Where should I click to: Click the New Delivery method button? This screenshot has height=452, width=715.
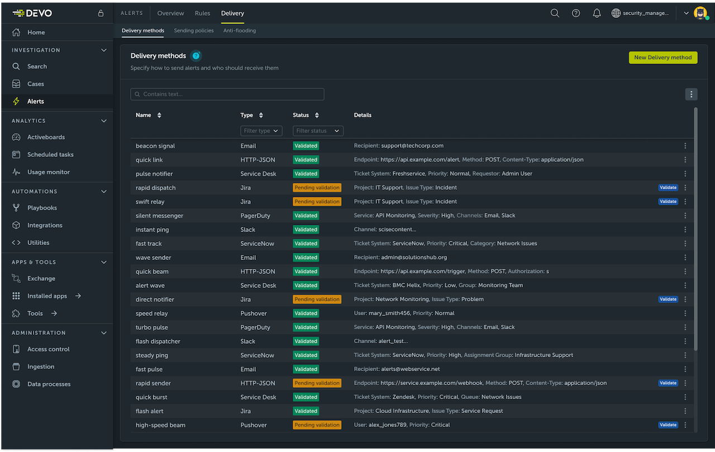tap(663, 57)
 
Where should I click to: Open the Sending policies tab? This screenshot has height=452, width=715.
tap(194, 31)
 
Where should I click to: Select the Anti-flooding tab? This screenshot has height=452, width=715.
tap(240, 31)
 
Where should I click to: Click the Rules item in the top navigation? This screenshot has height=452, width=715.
tap(203, 13)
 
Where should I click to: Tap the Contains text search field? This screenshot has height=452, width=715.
tap(227, 94)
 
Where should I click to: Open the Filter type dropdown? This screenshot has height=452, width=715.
tap(261, 131)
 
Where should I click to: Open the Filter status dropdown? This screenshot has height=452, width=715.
tap(318, 131)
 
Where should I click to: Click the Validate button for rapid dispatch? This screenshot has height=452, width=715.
tap(668, 187)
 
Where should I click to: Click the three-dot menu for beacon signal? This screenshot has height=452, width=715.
tap(685, 146)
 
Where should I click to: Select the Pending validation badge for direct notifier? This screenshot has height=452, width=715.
tap(317, 299)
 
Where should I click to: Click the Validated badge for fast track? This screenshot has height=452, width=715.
tap(306, 243)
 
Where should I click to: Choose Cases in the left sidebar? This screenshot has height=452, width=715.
tap(36, 84)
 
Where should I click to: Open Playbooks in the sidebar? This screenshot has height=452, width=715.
tap(42, 208)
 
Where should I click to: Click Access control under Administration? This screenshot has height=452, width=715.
tap(49, 349)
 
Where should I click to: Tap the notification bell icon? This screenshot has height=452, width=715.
tap(597, 13)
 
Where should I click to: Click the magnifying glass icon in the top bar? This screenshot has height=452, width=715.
tap(555, 13)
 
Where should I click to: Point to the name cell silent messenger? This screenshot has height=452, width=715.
tap(159, 215)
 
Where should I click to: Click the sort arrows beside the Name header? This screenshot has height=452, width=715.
tap(159, 116)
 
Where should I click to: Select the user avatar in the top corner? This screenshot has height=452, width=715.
tap(700, 13)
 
